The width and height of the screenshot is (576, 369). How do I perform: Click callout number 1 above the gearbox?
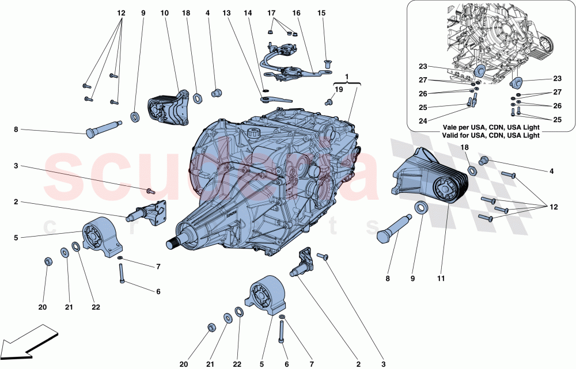347,77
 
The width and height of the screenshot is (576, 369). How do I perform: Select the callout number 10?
165,13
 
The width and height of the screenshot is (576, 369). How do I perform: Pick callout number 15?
321,13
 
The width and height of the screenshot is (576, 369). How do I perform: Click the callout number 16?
297,13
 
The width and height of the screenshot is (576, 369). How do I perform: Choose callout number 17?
272,13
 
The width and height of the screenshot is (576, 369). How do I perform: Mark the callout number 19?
339,90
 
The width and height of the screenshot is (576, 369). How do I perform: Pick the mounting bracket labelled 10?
169,109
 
